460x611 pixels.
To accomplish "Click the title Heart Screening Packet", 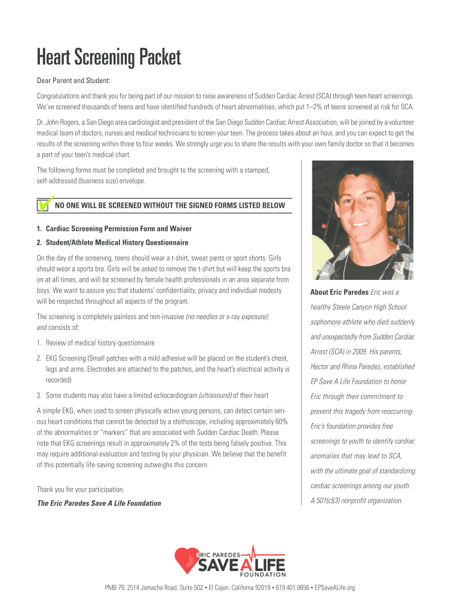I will click(108, 58).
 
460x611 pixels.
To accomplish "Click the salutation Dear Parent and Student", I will click(73, 81).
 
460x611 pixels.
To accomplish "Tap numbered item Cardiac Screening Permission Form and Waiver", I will click(114, 229).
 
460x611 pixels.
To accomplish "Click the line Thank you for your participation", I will click(81, 489).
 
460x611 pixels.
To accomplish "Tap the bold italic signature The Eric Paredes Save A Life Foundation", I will click(99, 503).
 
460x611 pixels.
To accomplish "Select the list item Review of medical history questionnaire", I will click(96, 343).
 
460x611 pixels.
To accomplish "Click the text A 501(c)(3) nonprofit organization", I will click(356, 501).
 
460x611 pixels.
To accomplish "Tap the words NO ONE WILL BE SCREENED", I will click(102, 206).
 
